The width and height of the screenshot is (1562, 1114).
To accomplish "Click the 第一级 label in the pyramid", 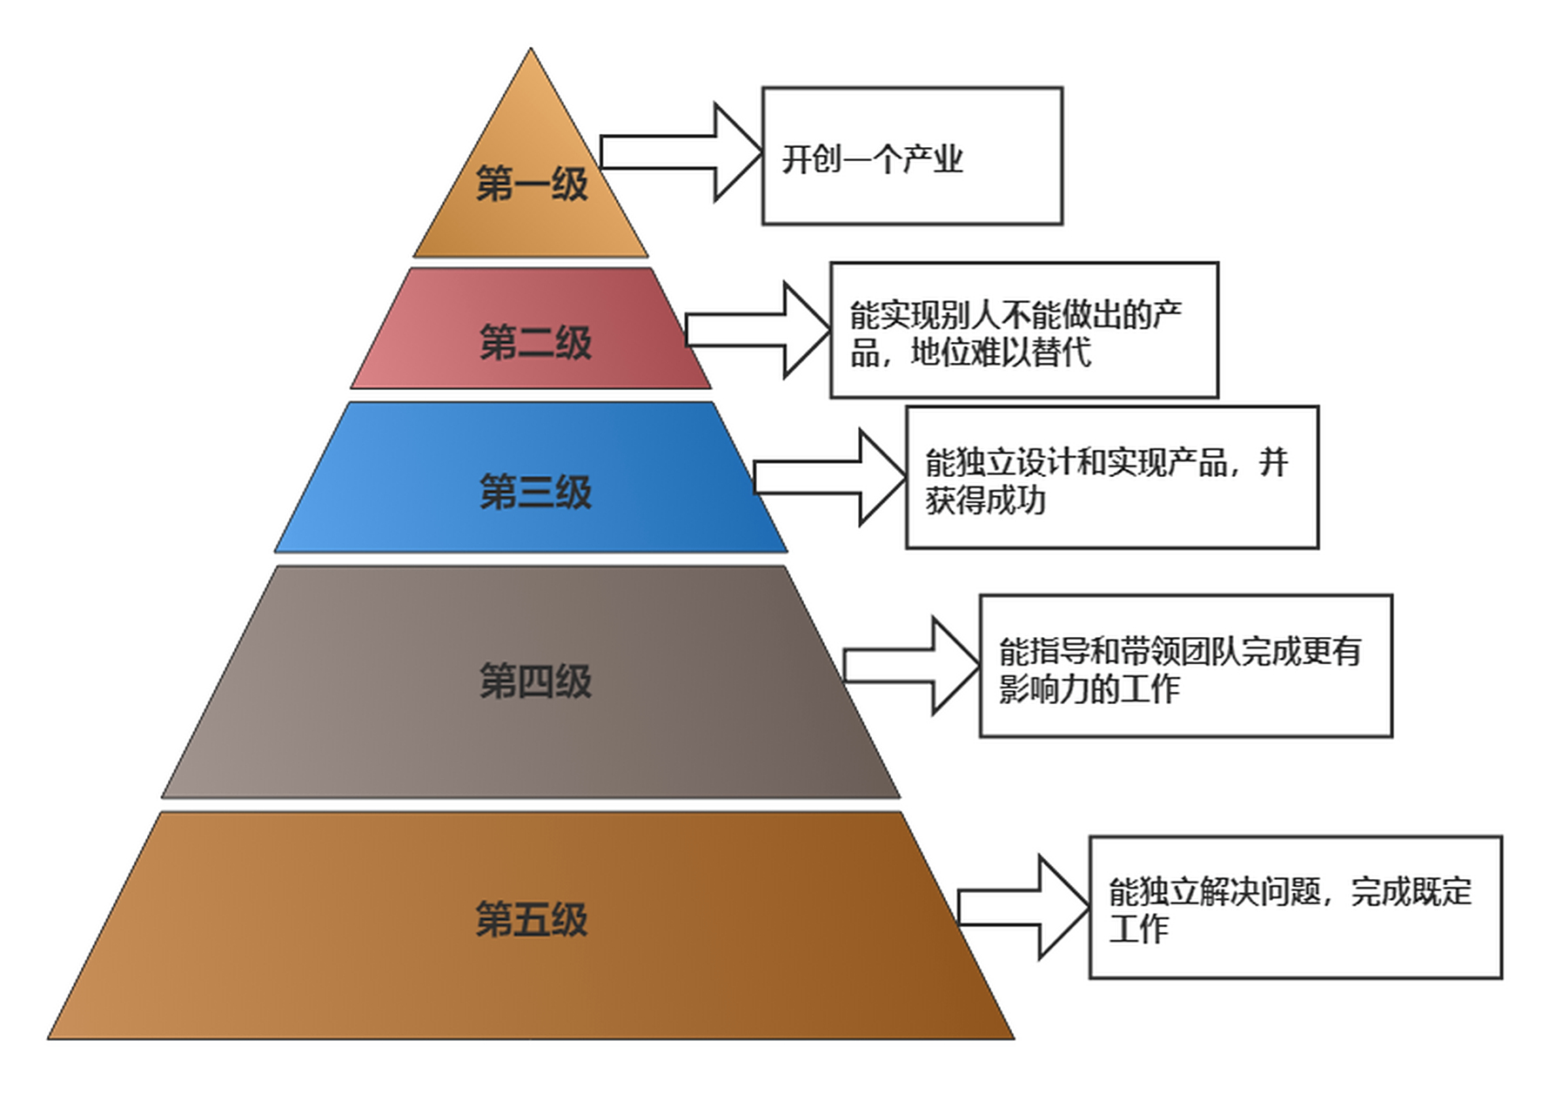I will (532, 185).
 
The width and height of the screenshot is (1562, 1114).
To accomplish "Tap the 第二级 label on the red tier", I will (535, 342).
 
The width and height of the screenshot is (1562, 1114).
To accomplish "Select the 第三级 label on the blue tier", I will (535, 492).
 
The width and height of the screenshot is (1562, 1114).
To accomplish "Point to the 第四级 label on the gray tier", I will (535, 681).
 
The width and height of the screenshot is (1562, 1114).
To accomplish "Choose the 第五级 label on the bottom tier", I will (532, 919).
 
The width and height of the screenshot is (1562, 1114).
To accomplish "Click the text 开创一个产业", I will (872, 160).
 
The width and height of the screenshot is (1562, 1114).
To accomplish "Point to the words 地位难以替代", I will (1001, 353).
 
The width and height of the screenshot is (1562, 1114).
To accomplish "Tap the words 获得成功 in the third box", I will (985, 500).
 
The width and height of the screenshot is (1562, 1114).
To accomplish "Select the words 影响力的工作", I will (1089, 689).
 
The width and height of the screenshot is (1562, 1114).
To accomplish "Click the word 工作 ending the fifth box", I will (1138, 929).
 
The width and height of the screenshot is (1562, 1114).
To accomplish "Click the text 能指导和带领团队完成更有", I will (1180, 651).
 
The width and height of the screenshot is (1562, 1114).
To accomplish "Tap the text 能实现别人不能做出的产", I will (1016, 315).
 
